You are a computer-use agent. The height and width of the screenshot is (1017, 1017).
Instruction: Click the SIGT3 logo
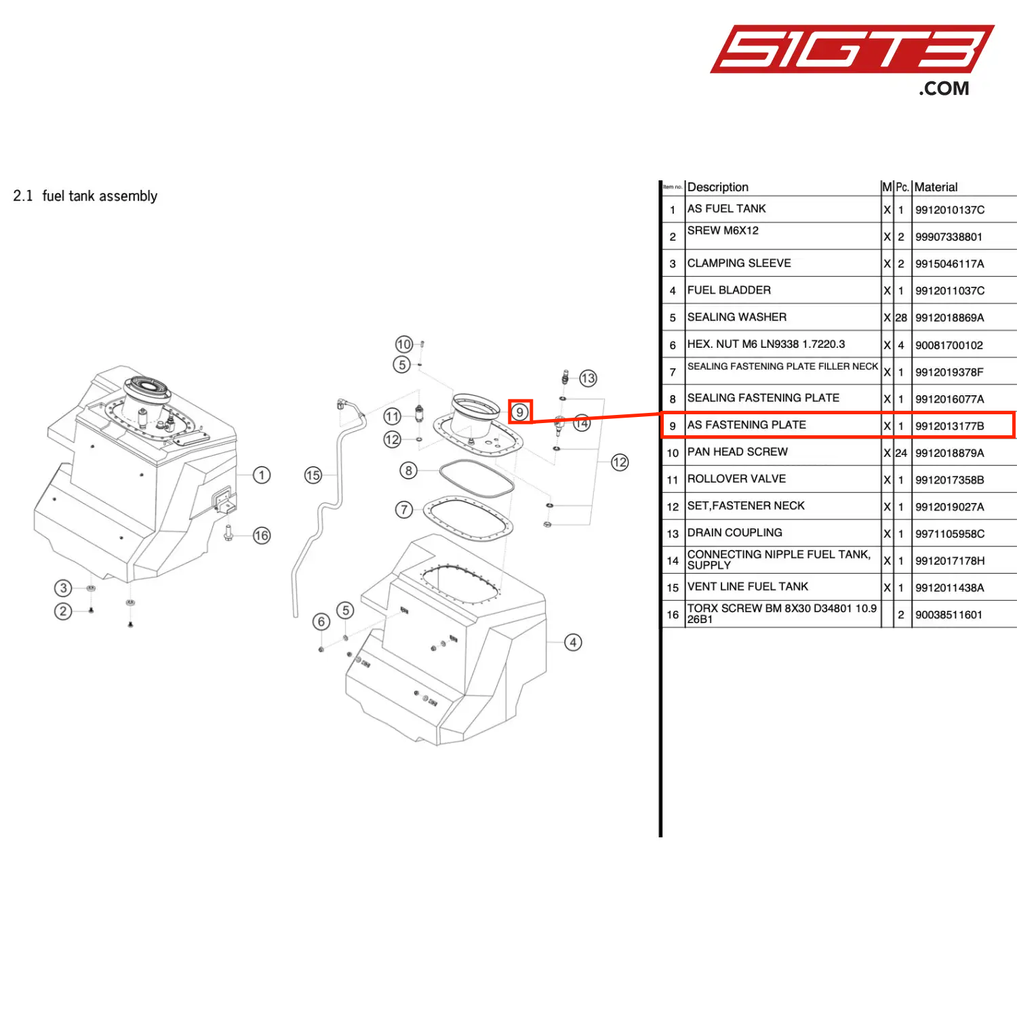coord(852,59)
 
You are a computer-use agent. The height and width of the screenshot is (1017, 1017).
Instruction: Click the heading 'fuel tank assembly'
coord(100,196)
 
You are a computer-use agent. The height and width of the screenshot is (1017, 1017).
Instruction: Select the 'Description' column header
coord(718,187)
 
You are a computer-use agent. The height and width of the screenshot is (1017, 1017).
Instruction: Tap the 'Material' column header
coord(936,187)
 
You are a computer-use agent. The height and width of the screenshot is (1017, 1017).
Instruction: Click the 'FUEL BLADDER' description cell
coord(729,290)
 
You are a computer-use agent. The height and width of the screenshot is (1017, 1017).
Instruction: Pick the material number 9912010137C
coord(950,210)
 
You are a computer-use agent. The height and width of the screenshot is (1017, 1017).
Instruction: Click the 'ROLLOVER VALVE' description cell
coord(736,479)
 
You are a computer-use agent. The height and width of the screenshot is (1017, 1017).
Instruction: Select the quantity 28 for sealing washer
coord(901,318)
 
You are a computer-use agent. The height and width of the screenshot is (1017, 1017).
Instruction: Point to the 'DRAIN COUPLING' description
coord(735,533)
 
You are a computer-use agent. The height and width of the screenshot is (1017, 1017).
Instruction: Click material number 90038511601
coord(949,615)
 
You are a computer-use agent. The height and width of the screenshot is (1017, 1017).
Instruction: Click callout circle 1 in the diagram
coord(262,475)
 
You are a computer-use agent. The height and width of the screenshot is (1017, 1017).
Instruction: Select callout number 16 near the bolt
coord(262,536)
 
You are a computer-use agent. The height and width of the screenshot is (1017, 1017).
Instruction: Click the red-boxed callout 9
coord(520,412)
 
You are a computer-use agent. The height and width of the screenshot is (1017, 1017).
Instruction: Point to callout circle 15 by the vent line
coord(313,475)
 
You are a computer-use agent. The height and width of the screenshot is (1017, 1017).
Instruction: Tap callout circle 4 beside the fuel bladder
coord(574,642)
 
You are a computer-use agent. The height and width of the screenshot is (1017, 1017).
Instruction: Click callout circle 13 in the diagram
coord(588,378)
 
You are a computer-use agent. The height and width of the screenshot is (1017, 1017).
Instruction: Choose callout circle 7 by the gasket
coord(404,509)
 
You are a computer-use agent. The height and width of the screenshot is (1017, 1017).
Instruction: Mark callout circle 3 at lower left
coord(63,588)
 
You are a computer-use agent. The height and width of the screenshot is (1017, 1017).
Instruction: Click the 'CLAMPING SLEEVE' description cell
coord(739,263)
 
